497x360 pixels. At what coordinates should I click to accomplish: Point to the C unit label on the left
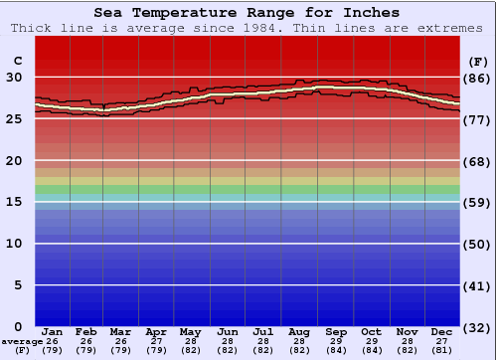click(17, 61)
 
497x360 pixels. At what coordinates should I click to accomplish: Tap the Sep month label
click(336, 331)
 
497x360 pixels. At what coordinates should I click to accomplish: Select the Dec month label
click(442, 331)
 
